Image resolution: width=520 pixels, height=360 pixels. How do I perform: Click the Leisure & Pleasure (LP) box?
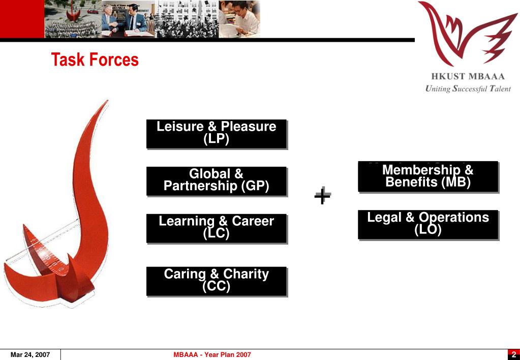pos(217,134)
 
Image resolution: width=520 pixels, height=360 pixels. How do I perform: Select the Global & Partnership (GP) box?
pos(217,181)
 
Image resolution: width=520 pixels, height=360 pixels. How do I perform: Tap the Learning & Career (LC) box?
pos(217,228)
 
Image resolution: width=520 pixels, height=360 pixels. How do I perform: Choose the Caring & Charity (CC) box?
pos(217,281)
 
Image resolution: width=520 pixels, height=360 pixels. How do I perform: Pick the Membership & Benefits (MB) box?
pos(427,176)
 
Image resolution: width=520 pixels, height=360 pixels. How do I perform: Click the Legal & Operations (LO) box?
pos(427,224)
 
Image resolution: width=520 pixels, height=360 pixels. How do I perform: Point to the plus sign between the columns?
pos(322,195)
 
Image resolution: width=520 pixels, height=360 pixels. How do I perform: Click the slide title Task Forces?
pos(95,60)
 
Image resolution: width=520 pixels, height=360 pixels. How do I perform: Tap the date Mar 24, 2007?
pos(30,354)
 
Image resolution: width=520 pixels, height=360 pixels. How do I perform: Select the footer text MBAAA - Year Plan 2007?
pos(212,354)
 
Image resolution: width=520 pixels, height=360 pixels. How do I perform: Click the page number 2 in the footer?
pos(513,354)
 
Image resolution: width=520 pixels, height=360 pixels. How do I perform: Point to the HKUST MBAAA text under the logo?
pos(468,77)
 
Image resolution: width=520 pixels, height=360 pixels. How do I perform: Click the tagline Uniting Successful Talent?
pos(468,89)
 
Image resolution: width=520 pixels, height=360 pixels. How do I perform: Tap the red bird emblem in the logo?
pos(465,33)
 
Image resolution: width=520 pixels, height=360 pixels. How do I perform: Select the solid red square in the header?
pos(22,19)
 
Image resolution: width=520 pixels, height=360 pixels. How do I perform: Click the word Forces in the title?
pos(114,60)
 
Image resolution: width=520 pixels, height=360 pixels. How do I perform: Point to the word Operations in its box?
pos(454,218)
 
